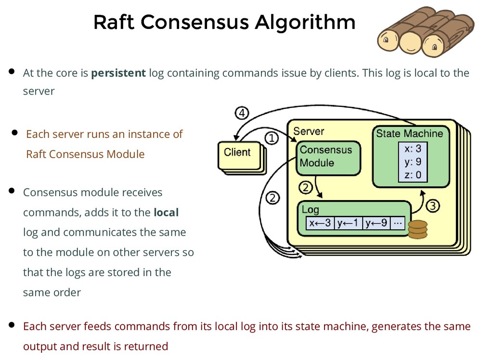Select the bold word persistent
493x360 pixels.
[x=118, y=73]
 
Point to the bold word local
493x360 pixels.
[x=166, y=212]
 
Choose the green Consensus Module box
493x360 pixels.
[x=327, y=157]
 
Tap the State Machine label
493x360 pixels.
[x=409, y=133]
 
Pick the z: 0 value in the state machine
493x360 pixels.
[x=413, y=174]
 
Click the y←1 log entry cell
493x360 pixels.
[x=348, y=223]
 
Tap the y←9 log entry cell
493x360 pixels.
[x=376, y=223]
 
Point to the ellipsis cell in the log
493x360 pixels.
[x=398, y=223]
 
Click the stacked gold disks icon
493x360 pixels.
[x=417, y=229]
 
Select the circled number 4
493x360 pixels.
[x=241, y=114]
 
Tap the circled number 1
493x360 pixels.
[x=272, y=138]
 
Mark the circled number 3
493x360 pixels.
[x=432, y=206]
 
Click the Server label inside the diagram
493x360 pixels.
[x=309, y=131]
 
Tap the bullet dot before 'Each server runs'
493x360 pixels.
[x=14, y=133]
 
